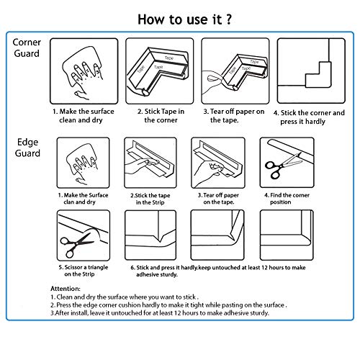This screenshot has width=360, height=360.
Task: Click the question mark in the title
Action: [228, 19]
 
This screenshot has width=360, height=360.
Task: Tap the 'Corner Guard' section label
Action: [27, 48]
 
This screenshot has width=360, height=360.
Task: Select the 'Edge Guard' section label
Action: [27, 148]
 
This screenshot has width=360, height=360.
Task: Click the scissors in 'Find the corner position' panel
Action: [283, 166]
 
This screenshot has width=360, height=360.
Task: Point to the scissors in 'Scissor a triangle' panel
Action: [76, 244]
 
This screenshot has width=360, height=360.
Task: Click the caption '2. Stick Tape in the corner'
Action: [161, 116]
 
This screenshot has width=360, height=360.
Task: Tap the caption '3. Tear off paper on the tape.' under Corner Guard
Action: [234, 116]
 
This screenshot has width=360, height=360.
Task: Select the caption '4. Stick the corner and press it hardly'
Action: [309, 117]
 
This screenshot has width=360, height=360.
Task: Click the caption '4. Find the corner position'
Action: [287, 199]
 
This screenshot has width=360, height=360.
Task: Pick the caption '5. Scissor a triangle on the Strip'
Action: [84, 271]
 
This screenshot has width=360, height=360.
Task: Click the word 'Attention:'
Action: [66, 289]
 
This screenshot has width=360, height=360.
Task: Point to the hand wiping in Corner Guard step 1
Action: [84, 72]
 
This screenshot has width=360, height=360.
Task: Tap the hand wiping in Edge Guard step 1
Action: [81, 163]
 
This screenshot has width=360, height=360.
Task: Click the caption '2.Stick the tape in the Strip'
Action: [150, 199]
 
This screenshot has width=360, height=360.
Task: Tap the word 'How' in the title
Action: [152, 19]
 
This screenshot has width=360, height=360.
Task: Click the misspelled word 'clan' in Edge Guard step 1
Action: [68, 202]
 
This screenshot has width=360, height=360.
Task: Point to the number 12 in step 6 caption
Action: [264, 267]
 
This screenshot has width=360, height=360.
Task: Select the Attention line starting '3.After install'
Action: [160, 313]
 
